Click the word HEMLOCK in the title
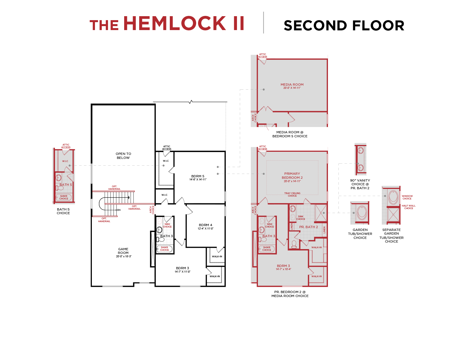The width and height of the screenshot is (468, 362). coord(175,24)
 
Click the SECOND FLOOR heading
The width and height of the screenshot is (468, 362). coord(344,26)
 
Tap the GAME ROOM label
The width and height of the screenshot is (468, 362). coord(123,251)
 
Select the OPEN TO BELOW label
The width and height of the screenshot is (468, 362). coord(123,156)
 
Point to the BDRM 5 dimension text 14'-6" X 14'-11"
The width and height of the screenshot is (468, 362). coord(198,180)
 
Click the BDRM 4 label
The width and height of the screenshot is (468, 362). coord(206,225)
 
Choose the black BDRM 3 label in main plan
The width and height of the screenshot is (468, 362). coord(182,268)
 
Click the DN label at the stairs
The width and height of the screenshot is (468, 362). coord(119,210)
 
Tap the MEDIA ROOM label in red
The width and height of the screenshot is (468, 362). coord(292,85)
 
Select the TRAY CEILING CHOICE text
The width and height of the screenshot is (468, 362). coord(292,195)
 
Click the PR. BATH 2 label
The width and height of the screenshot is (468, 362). coord(308,227)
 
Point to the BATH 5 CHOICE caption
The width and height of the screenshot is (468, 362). coord(63,211)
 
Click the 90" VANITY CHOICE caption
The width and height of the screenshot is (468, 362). coord(360,184)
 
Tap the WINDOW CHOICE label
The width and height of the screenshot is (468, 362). coord(407,197)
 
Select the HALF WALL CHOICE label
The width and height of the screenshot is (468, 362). coord(408,207)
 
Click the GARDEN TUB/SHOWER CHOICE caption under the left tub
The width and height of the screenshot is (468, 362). coord(360,234)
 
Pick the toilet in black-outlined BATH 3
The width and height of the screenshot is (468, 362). coord(160,239)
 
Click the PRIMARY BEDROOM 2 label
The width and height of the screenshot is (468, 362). coord(292,176)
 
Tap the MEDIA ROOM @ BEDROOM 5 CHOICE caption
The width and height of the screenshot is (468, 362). coord(290,134)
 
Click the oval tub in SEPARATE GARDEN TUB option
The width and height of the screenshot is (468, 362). coord(393,197)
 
